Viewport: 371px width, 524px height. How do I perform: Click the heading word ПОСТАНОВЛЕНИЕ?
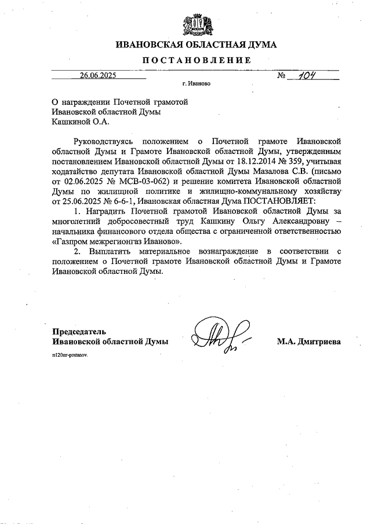pos(197,60)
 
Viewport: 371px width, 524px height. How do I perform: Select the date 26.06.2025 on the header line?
pos(98,75)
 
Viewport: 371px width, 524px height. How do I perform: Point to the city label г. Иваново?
pos(196,83)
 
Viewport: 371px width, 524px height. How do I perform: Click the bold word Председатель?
pos(79,332)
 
